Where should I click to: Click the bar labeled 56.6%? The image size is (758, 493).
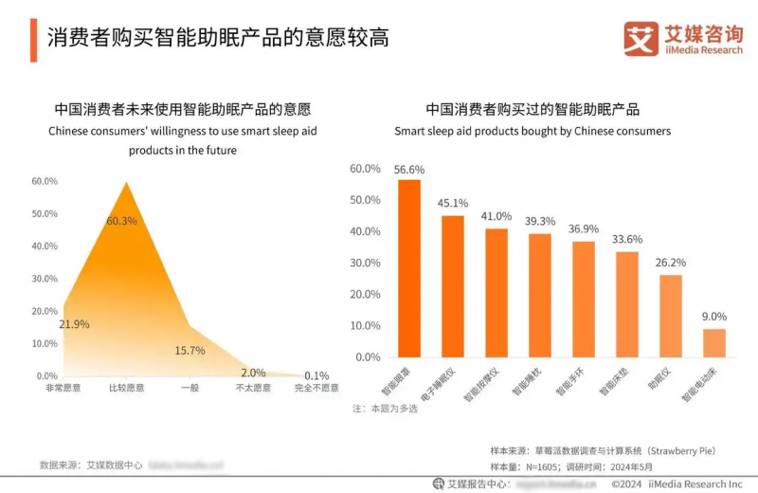(x=409, y=268)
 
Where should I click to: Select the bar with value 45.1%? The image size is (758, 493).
(x=453, y=286)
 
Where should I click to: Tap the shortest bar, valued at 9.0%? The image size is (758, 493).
(x=714, y=342)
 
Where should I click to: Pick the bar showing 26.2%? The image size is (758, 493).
(x=671, y=316)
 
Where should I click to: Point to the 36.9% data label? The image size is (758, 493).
(x=584, y=229)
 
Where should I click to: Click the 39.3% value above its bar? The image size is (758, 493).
(x=540, y=222)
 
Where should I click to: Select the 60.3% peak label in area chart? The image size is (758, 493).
(x=121, y=221)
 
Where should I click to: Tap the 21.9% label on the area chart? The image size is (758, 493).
(x=74, y=324)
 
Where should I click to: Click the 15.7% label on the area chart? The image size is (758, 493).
(x=189, y=351)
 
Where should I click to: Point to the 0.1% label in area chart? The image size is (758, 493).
(x=317, y=375)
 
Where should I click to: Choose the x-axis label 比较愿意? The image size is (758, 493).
(x=125, y=389)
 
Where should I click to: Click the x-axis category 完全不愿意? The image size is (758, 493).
(x=316, y=389)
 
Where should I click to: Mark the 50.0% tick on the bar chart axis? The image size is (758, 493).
(x=365, y=200)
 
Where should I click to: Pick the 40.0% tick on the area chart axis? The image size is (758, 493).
(x=45, y=246)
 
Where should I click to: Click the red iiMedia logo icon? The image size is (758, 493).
(x=641, y=39)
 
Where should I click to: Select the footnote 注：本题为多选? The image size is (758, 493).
(x=383, y=409)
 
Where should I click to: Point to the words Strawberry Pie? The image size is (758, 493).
(x=698, y=452)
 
